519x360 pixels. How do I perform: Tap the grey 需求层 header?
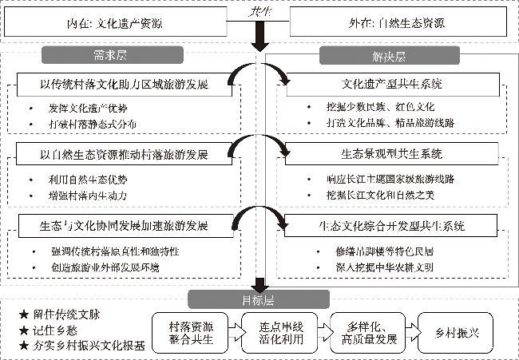point(113,56)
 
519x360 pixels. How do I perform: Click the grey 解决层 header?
point(389,56)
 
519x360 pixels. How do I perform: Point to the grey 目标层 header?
point(258,300)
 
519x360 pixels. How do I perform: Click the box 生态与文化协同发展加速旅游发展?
point(124,226)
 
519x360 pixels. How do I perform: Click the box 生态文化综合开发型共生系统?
point(392,226)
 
